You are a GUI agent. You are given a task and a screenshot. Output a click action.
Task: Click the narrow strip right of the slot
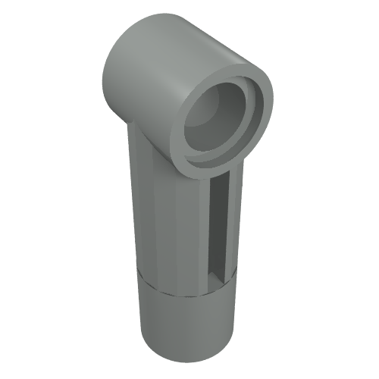[234, 227]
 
